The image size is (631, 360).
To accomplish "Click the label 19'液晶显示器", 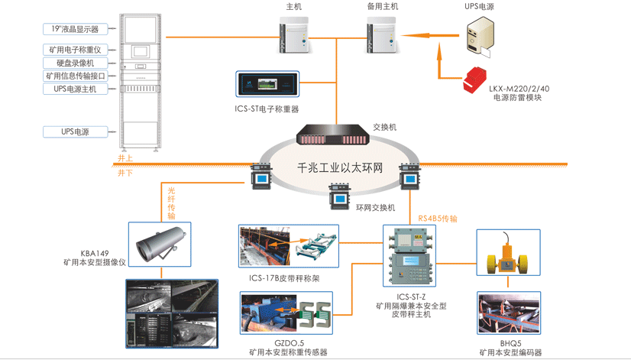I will [75, 29].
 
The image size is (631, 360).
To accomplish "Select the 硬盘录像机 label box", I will [75, 63].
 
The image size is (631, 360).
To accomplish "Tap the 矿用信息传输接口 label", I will [75, 76].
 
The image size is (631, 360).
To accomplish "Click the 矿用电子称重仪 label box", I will [75, 50].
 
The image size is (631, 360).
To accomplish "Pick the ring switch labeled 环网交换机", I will [338, 197].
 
